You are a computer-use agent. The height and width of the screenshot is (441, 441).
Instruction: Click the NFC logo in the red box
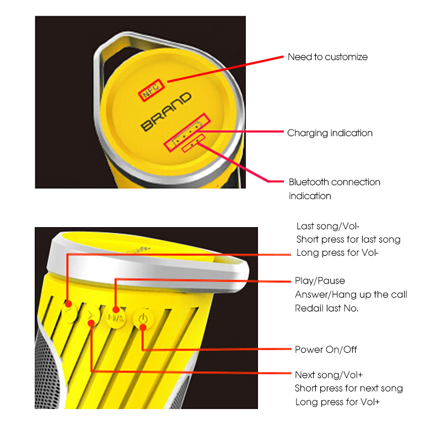tap(151, 90)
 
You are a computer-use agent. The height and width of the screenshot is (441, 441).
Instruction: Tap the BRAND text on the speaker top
tap(166, 112)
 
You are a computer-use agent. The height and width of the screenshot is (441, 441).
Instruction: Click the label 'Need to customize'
tap(327, 57)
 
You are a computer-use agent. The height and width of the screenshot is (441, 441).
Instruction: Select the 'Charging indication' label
tap(330, 133)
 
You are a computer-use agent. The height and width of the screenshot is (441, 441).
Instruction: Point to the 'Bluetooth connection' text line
tap(335, 182)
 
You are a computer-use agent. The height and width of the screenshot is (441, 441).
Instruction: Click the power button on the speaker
tap(143, 319)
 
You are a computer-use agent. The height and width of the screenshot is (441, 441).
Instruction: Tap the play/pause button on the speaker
tap(116, 318)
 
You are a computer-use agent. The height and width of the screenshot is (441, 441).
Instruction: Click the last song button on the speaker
tap(69, 311)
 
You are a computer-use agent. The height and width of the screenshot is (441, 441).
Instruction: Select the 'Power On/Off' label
tap(326, 349)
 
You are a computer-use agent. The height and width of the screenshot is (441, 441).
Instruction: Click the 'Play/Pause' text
tap(320, 281)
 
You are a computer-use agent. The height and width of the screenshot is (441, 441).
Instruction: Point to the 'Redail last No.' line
tap(326, 308)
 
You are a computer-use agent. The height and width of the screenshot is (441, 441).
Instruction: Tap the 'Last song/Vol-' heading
tap(328, 226)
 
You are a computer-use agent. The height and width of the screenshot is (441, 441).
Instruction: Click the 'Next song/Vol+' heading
tap(329, 375)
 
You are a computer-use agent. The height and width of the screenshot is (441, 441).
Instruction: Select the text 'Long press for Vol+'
tap(337, 402)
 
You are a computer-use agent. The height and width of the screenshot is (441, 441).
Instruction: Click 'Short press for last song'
tap(348, 239)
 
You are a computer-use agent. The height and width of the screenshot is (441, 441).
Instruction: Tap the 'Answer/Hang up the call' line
tap(351, 294)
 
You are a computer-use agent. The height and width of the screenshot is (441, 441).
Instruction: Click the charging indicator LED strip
tap(187, 132)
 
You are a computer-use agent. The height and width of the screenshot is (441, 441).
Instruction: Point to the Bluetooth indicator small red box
tap(193, 143)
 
